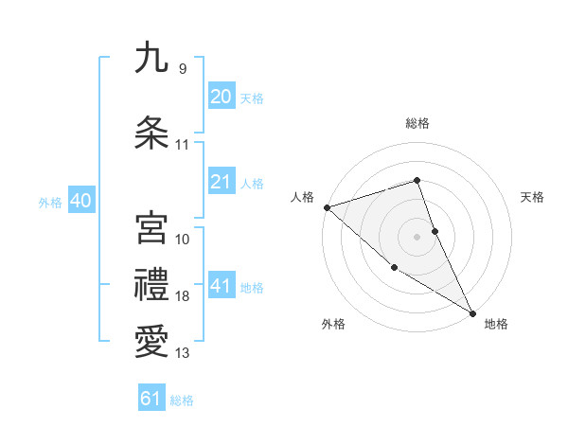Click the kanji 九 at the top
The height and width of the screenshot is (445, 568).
tap(151, 58)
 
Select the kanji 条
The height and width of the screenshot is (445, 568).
tap(151, 133)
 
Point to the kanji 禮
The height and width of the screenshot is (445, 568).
tap(151, 284)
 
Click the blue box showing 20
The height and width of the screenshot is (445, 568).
tap(221, 96)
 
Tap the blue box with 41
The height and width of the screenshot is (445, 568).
tap(221, 286)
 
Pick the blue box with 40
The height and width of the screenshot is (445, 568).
tap(80, 200)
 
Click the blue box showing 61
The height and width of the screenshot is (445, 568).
tap(151, 399)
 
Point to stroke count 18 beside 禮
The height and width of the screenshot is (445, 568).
tap(183, 296)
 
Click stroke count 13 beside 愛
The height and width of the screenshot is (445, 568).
tap(183, 353)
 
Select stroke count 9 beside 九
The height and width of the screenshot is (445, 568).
tap(182, 69)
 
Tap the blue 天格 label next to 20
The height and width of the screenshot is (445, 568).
tap(252, 98)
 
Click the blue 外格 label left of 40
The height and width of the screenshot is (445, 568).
tap(50, 203)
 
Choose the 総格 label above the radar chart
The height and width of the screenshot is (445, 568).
tap(417, 123)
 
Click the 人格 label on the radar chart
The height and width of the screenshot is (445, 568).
tap(303, 197)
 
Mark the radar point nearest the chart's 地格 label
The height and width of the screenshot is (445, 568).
tap(472, 312)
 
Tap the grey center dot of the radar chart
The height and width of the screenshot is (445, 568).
tap(417, 236)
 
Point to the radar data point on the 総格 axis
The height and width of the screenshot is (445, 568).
tap(417, 180)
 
